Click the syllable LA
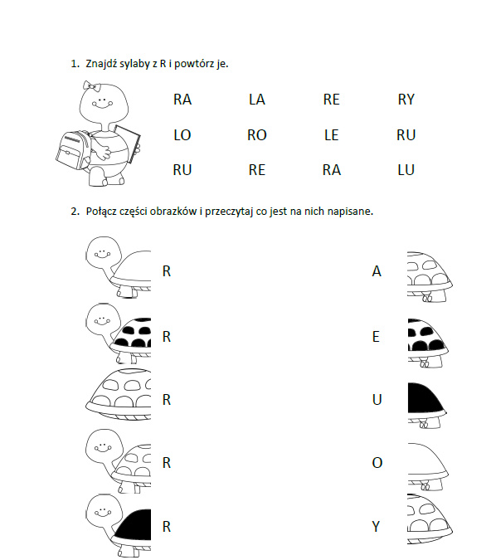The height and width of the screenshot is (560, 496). tap(257, 100)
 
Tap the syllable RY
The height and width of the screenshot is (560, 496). tap(406, 100)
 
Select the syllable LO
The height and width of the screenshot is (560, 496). tap(182, 135)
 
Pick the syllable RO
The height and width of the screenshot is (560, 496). tap(257, 135)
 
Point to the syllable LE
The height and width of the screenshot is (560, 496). tap(332, 135)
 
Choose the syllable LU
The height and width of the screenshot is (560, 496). tap(406, 170)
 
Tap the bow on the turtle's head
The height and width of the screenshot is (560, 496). tap(90, 86)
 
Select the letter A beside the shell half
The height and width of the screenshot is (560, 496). tap(377, 271)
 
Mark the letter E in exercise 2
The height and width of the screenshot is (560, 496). tap(376, 337)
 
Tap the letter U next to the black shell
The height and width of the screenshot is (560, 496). tap(377, 400)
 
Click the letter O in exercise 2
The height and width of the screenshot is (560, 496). tap(377, 463)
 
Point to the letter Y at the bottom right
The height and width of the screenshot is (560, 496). tap(376, 527)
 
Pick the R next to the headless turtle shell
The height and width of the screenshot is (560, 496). tap(167, 400)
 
